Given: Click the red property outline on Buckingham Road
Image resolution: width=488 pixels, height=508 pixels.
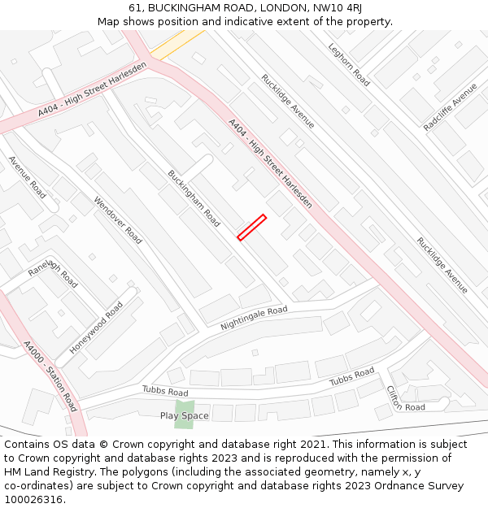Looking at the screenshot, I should pyautogui.click(x=251, y=227).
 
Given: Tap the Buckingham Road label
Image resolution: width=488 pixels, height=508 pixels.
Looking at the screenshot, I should pyautogui.click(x=194, y=198).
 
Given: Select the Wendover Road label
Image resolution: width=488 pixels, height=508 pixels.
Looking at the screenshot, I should pyautogui.click(x=118, y=220).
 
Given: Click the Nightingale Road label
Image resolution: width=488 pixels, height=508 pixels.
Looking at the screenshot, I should pyautogui.click(x=254, y=318).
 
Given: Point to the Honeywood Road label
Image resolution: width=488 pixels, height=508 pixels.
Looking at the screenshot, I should pyautogui.click(x=97, y=327).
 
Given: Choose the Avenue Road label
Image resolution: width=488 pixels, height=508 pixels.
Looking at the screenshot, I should pyautogui.click(x=28, y=176).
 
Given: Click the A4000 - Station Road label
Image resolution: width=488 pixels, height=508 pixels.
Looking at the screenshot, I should pyautogui.click(x=50, y=376).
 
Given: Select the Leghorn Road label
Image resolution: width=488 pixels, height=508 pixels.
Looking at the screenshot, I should pyautogui.click(x=349, y=64).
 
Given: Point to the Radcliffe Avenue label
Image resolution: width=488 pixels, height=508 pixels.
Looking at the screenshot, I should pyautogui.click(x=451, y=106).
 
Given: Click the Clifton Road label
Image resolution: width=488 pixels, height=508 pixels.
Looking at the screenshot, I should pyautogui.click(x=405, y=398).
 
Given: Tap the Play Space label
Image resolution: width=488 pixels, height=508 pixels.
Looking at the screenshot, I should pyautogui.click(x=184, y=416).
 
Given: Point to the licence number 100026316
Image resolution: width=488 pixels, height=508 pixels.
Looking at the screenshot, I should pyautogui.click(x=33, y=500).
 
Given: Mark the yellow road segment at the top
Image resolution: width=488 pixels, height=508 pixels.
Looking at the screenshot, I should pyautogui.click(x=176, y=44).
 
